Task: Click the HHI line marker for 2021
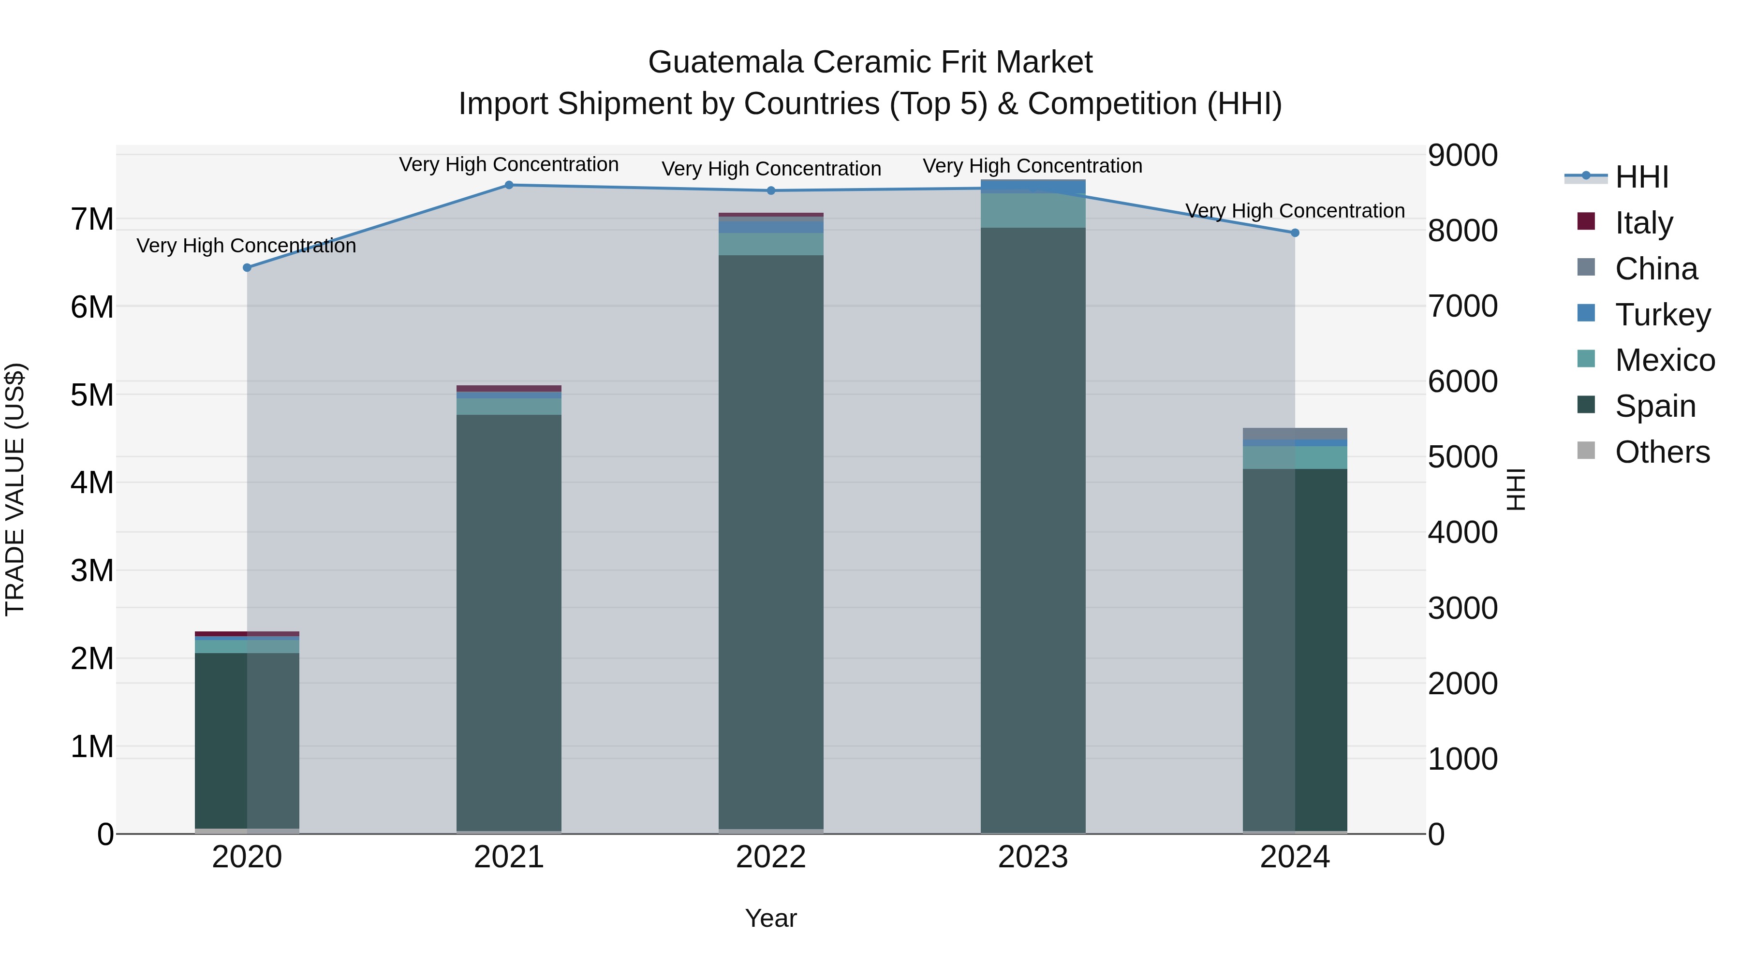point(509,185)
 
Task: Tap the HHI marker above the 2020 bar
point(247,267)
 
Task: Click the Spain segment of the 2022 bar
point(770,541)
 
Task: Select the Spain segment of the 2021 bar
point(509,622)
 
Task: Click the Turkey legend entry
point(1663,315)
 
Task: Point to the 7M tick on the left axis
point(92,219)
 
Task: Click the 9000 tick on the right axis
point(1462,155)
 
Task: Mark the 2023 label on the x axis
point(1033,857)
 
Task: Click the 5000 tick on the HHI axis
point(1462,457)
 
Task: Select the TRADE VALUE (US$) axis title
point(15,489)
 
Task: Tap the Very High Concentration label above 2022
point(770,169)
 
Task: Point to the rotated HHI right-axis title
point(1516,489)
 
